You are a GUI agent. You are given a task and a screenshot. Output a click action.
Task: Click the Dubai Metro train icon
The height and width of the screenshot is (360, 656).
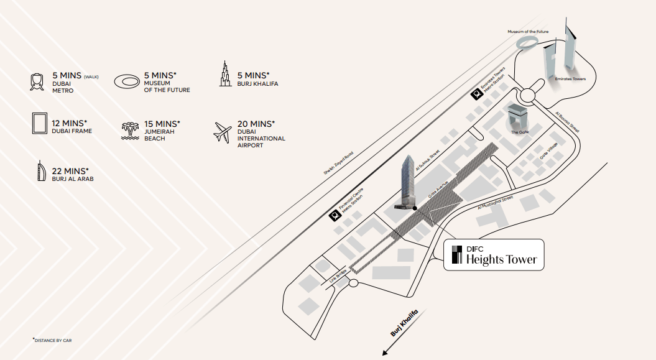coord(37,82)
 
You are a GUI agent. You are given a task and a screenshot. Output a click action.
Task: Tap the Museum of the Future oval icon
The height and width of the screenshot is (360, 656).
coord(127,81)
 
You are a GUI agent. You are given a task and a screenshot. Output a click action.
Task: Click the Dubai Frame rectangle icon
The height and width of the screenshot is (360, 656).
coord(40,123)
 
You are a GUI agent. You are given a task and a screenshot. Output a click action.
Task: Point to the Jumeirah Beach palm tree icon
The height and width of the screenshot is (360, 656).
coord(130,131)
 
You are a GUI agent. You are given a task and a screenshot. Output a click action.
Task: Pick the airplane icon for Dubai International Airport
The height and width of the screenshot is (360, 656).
coord(223,132)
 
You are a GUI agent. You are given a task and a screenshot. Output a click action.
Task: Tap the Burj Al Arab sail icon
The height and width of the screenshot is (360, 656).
coord(40,170)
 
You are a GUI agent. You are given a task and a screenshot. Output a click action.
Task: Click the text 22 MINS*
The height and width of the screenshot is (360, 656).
coord(70,171)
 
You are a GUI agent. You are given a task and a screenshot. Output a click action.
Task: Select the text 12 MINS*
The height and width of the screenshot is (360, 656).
coord(70,123)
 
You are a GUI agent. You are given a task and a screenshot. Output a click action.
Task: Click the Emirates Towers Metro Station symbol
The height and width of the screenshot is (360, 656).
coord(476,95)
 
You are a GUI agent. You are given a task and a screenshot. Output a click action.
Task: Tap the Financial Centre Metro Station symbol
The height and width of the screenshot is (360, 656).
coord(334,215)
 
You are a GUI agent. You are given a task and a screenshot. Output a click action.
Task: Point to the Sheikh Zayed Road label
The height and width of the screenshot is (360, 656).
coord(338,163)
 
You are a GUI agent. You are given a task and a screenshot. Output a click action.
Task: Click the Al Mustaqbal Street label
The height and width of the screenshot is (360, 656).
coord(496,203)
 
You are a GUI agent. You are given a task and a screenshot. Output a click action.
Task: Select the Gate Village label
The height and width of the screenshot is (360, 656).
coord(549,150)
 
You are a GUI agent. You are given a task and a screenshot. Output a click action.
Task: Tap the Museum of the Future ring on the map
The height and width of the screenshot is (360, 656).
coord(527,42)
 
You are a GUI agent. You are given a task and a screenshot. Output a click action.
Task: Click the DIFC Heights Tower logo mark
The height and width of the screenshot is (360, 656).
coord(457,255)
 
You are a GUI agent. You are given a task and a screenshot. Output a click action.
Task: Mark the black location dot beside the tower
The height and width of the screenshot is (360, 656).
coord(415,208)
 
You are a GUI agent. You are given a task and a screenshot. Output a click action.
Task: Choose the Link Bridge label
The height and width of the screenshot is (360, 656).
coord(338,275)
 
